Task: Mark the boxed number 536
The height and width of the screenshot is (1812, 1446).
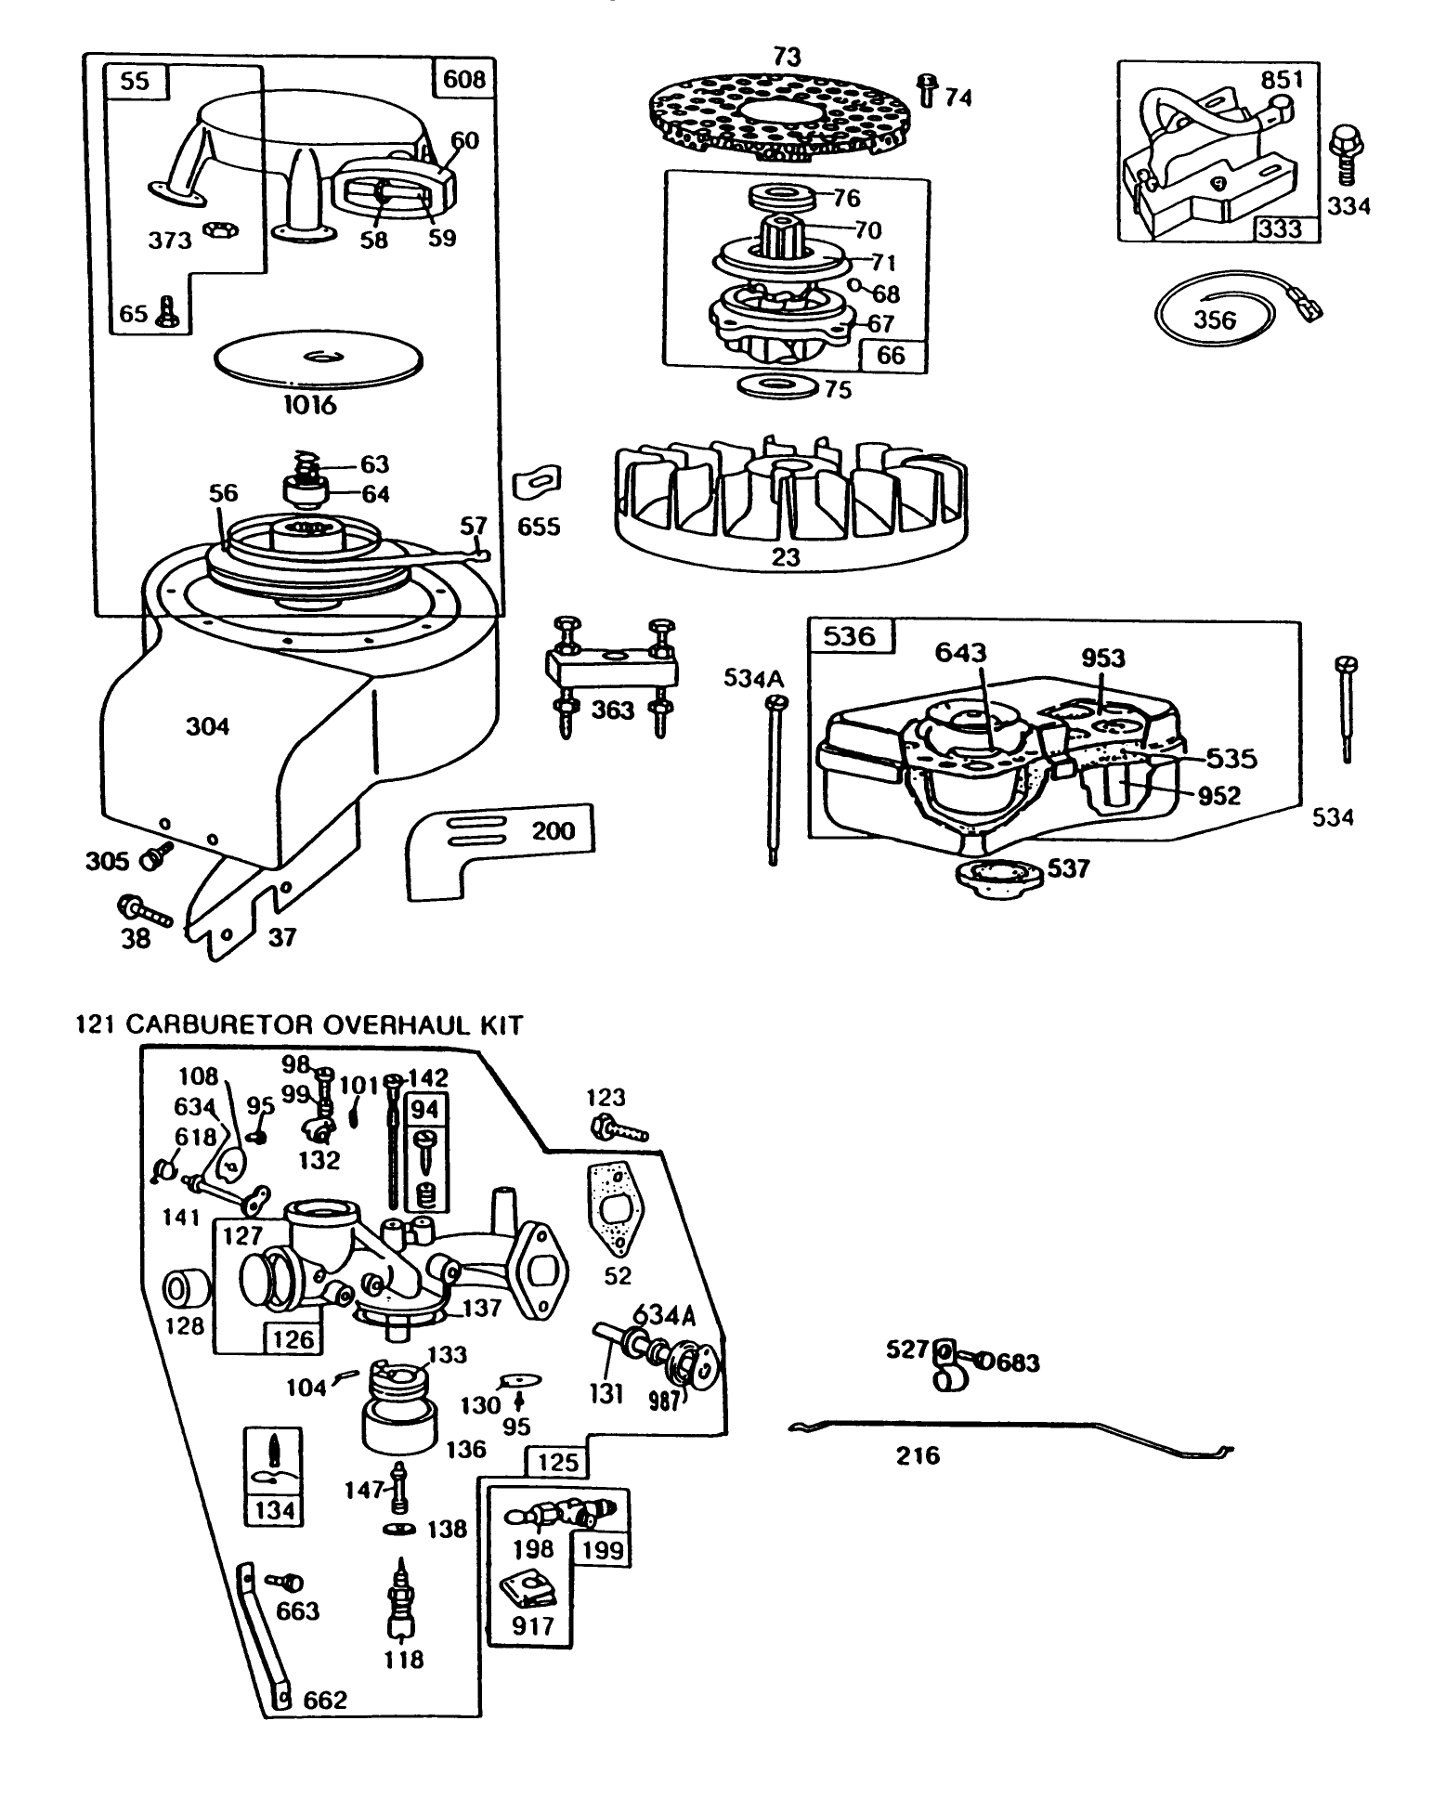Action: [849, 636]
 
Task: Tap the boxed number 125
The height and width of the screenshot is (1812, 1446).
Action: [557, 1463]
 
